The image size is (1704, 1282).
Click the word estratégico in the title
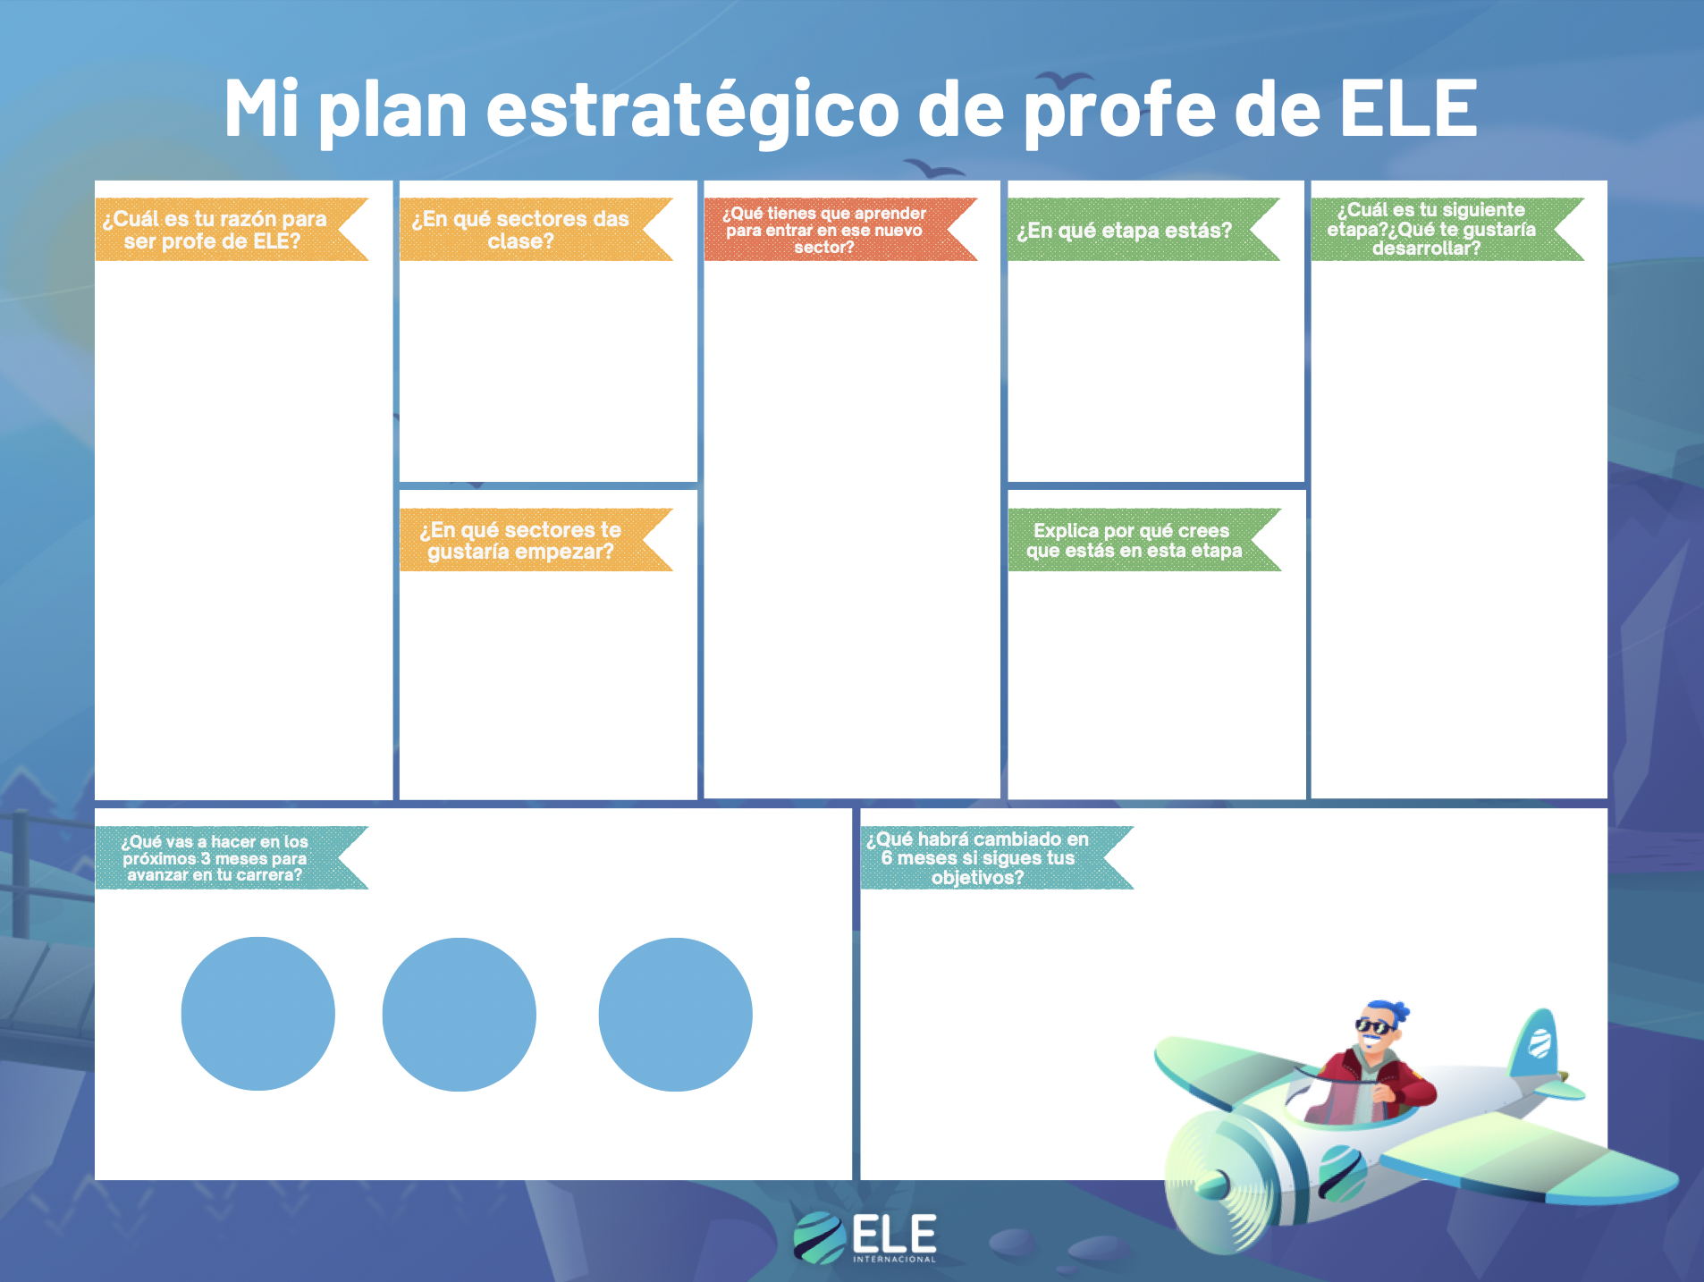click(692, 109)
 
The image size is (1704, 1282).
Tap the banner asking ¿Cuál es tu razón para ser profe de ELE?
click(232, 230)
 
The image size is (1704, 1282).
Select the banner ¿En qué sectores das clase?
click(536, 230)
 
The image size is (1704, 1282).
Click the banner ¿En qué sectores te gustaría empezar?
click(536, 540)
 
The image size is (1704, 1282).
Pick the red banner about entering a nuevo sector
click(840, 230)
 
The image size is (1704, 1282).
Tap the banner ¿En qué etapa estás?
click(1143, 230)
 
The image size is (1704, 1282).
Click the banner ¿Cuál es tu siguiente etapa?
click(1447, 230)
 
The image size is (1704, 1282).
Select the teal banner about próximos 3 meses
click(232, 857)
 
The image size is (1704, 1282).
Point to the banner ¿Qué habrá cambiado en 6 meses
click(997, 857)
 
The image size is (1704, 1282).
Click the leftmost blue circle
click(258, 1014)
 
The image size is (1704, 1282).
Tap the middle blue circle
click(460, 1015)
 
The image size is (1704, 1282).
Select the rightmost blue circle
click(675, 1015)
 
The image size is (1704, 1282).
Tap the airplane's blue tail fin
click(1535, 1042)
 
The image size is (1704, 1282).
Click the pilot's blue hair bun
click(1397, 1010)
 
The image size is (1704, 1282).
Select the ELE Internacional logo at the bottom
click(865, 1238)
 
